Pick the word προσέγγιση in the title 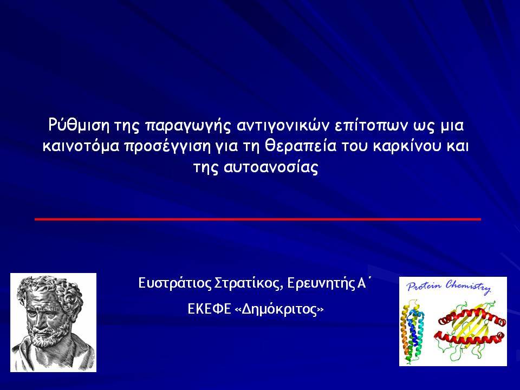click(167, 147)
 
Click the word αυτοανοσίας click(271, 167)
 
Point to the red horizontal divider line click(258, 219)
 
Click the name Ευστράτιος click(174, 283)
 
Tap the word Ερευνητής click(321, 283)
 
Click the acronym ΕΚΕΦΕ click(209, 309)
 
